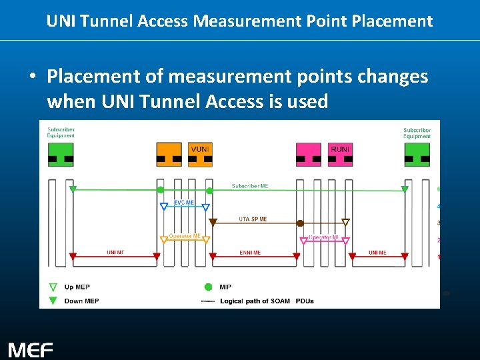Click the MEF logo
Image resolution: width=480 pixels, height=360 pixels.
point(30,349)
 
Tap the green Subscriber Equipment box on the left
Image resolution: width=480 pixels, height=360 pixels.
point(61,154)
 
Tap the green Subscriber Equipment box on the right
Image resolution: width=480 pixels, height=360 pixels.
point(417,154)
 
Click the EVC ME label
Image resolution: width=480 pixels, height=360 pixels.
point(184,201)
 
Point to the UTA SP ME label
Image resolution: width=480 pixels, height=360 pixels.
point(253,219)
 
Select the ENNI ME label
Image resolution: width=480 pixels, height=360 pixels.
point(250,253)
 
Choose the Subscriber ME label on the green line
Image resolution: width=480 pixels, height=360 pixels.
point(250,185)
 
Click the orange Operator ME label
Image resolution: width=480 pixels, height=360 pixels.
point(185,235)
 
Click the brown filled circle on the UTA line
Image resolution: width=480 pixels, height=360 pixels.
point(301,223)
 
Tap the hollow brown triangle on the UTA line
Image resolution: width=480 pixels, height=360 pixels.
point(345,223)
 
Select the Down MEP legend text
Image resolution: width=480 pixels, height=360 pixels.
point(82,301)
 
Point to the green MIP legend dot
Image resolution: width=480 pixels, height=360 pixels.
point(208,287)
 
